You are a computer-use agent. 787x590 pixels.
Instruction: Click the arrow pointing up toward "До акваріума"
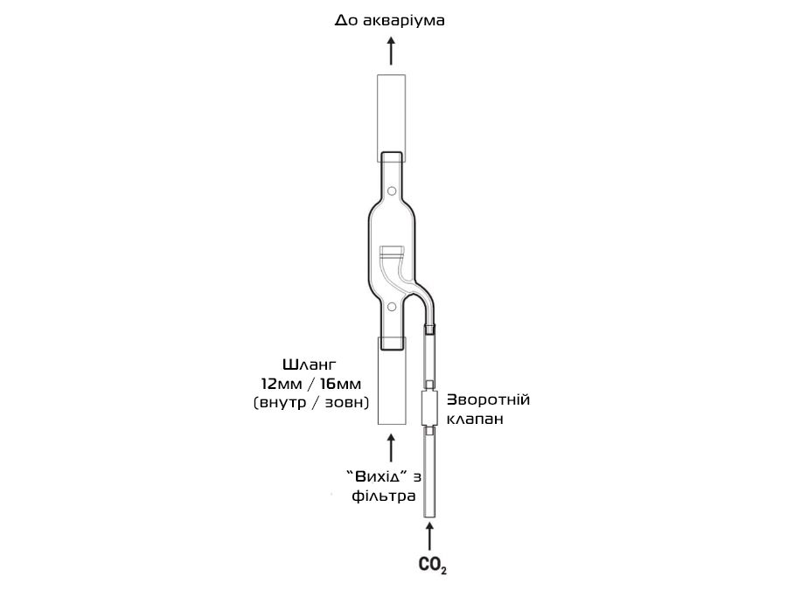coord(392,50)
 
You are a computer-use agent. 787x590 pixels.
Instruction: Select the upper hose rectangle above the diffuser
coord(392,118)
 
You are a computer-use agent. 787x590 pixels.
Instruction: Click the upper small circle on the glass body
coord(392,191)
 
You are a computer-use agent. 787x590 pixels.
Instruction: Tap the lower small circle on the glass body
coord(392,307)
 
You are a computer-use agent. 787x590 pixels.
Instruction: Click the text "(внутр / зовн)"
coord(311,403)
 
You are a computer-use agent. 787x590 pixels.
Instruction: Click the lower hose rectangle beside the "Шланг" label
coord(392,381)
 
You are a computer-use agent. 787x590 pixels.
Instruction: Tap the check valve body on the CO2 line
coord(429,408)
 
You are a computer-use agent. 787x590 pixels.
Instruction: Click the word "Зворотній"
coord(488,399)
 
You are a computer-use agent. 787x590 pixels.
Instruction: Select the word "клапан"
coord(475,419)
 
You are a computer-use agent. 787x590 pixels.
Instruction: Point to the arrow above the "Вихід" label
coord(392,448)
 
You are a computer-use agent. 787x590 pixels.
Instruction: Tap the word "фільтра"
coord(384,496)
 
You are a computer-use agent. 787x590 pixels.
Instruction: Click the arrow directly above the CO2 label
coord(429,537)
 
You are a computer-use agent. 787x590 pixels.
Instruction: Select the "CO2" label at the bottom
coord(433,566)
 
